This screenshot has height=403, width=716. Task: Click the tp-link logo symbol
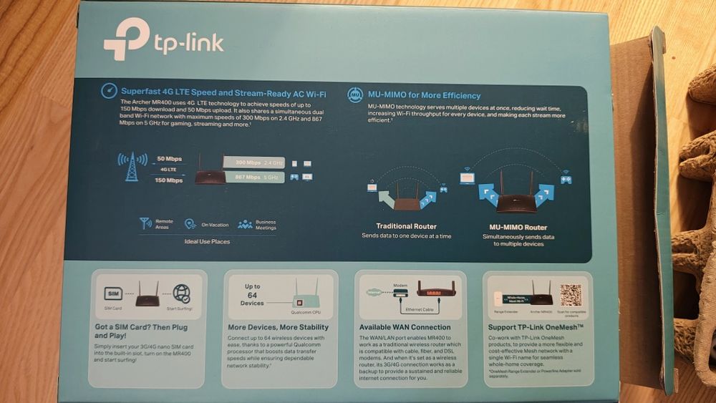coord(127,39)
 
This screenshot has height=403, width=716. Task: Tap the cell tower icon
coord(131,167)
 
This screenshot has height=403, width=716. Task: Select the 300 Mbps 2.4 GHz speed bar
coord(253,162)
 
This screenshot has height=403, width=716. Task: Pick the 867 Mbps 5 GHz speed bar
coord(253,177)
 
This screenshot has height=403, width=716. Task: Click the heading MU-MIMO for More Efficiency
coord(424,95)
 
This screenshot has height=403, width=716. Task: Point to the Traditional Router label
coord(406,226)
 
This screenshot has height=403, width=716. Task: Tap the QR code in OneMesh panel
coord(571,294)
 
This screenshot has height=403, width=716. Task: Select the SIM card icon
coord(113,293)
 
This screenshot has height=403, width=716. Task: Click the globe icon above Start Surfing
coord(182,293)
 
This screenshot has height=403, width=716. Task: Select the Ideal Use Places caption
coord(207,241)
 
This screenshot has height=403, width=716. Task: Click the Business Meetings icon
coord(245,224)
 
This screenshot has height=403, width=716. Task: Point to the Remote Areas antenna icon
coord(146,223)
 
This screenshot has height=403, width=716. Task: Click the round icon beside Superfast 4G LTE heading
coord(109,92)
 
